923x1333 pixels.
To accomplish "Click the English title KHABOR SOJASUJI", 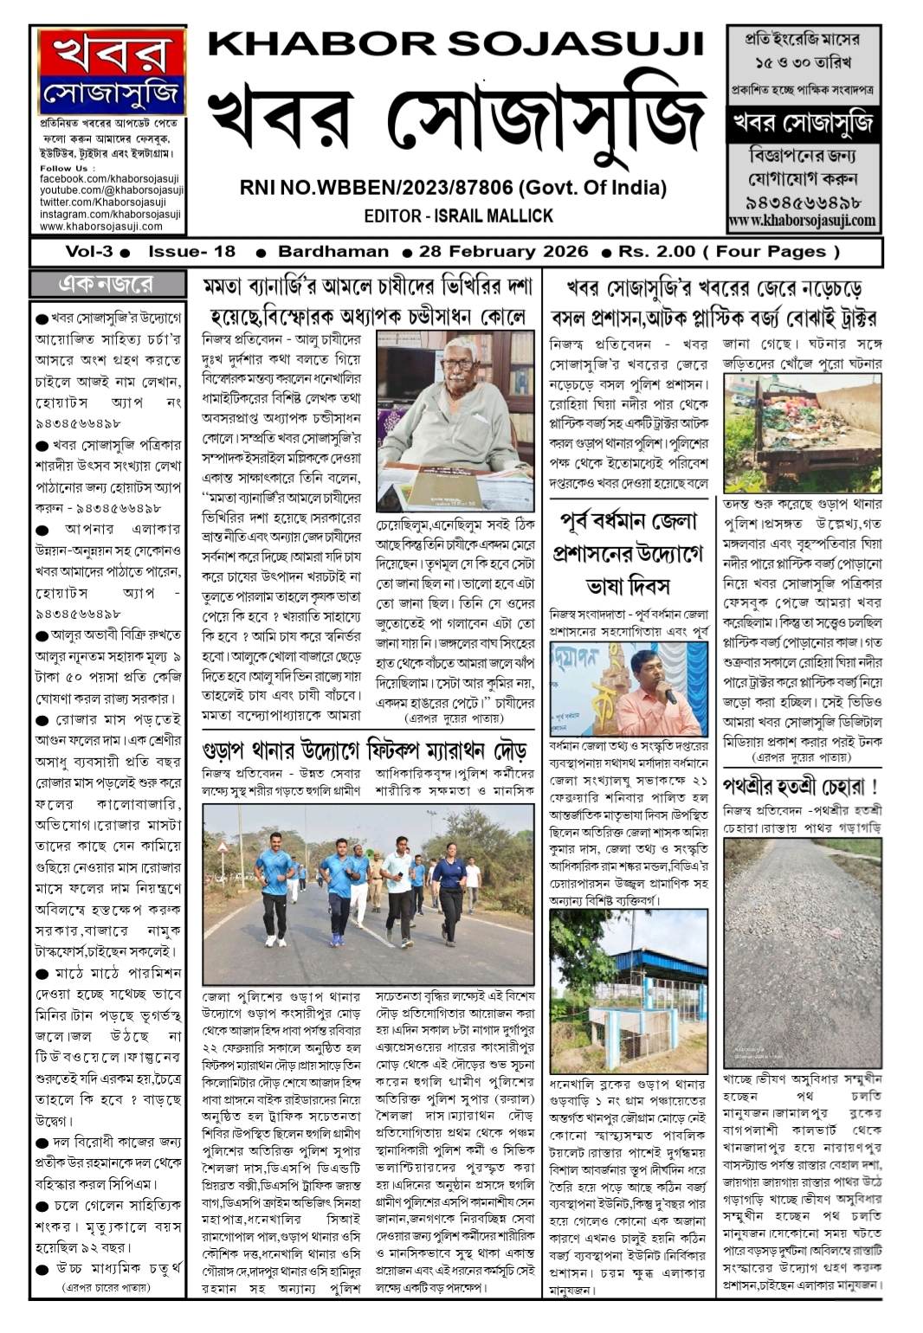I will tap(456, 44).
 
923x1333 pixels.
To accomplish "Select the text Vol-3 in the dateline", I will tap(89, 252).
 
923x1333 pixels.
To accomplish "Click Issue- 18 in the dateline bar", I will tap(191, 252).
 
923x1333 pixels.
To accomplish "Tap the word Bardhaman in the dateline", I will tap(333, 252).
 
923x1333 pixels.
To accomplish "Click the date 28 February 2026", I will tap(503, 252).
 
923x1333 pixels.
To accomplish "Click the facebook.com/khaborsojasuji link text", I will tap(109, 179).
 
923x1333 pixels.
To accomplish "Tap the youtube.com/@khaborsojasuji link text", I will tap(112, 190).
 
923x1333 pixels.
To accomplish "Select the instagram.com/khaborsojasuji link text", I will tap(110, 215).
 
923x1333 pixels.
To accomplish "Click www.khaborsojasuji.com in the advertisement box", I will tap(802, 221).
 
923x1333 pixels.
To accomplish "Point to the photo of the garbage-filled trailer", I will tap(802, 433).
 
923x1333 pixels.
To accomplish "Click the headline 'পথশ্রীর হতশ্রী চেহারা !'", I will tap(800, 787).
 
